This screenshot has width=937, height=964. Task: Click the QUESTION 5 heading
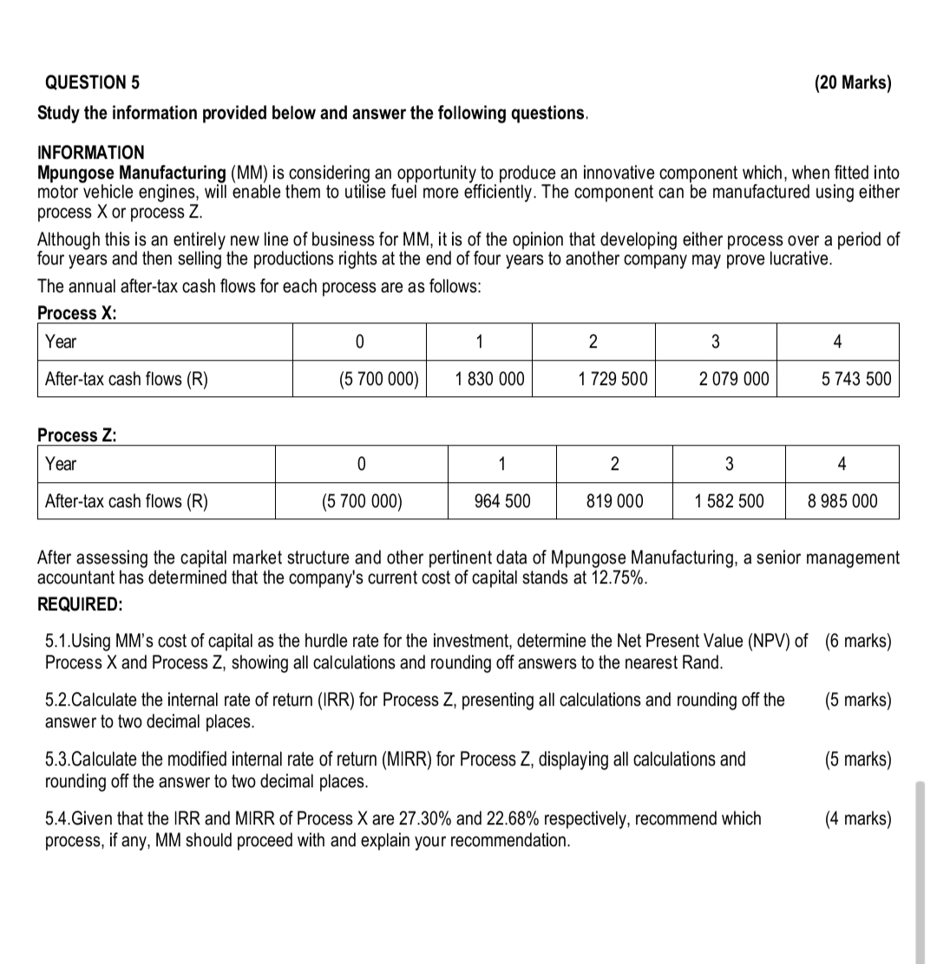pos(91,83)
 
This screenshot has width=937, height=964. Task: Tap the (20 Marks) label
pos(852,83)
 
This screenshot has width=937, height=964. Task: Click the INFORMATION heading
pos(91,153)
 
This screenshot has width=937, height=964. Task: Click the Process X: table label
pos(77,313)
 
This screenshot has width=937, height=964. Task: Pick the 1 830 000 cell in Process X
pos(489,379)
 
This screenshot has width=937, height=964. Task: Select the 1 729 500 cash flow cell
pos(613,379)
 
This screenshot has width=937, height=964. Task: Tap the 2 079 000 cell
pos(733,379)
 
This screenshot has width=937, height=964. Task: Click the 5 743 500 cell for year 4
pos(855,379)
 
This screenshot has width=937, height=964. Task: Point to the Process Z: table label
pos(77,435)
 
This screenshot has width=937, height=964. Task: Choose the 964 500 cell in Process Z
pos(502,501)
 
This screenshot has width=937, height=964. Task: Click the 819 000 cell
pos(615,501)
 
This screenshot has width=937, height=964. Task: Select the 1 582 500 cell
pos(729,501)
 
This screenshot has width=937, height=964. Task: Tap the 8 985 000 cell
pos(842,501)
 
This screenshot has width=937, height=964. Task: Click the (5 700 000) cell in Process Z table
pos(362,501)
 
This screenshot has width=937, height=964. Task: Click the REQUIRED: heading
pos(80,603)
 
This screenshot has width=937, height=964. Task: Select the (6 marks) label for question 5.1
pos(857,642)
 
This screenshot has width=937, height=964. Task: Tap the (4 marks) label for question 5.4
pos(857,818)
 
